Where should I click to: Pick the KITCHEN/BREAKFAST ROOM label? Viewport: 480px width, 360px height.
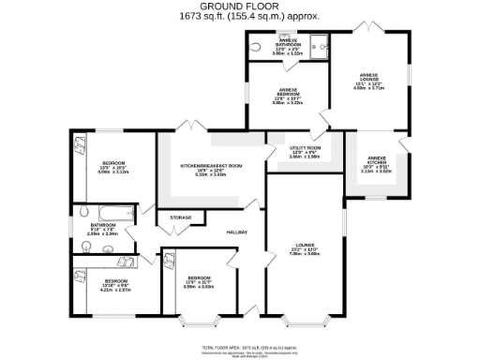(212, 165)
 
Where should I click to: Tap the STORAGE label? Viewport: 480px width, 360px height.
(180, 217)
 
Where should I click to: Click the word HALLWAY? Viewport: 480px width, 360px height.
(235, 232)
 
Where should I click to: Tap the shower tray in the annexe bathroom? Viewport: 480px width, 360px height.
(319, 45)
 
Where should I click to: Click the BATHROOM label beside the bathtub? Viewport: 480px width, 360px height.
(103, 225)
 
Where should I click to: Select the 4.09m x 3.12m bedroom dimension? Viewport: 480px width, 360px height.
(112, 172)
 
